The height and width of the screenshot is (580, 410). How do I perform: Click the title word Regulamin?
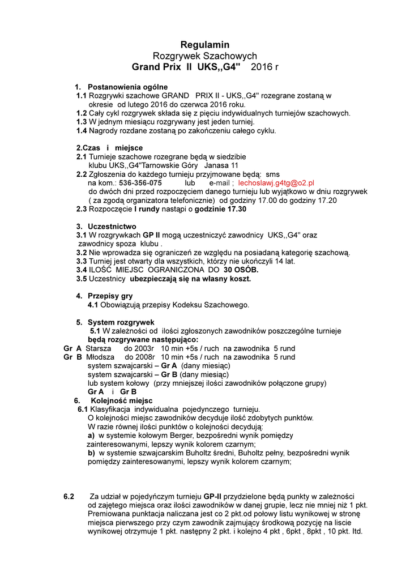point(204,45)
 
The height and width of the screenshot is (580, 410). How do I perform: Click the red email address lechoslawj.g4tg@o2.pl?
point(276,184)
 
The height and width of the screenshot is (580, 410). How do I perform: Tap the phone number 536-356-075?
point(140,184)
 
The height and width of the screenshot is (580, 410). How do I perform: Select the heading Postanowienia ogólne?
point(127,87)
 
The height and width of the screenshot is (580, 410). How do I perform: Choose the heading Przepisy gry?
point(110,296)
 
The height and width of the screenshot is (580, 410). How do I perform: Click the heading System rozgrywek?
point(117,322)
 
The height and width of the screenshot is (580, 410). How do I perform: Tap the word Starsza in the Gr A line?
point(97,348)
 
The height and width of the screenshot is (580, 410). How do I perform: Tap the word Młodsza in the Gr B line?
point(100,357)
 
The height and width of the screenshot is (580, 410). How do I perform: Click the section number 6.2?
point(69,496)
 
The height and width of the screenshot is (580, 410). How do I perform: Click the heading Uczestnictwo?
point(112,226)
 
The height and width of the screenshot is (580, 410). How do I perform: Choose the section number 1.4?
point(82,131)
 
